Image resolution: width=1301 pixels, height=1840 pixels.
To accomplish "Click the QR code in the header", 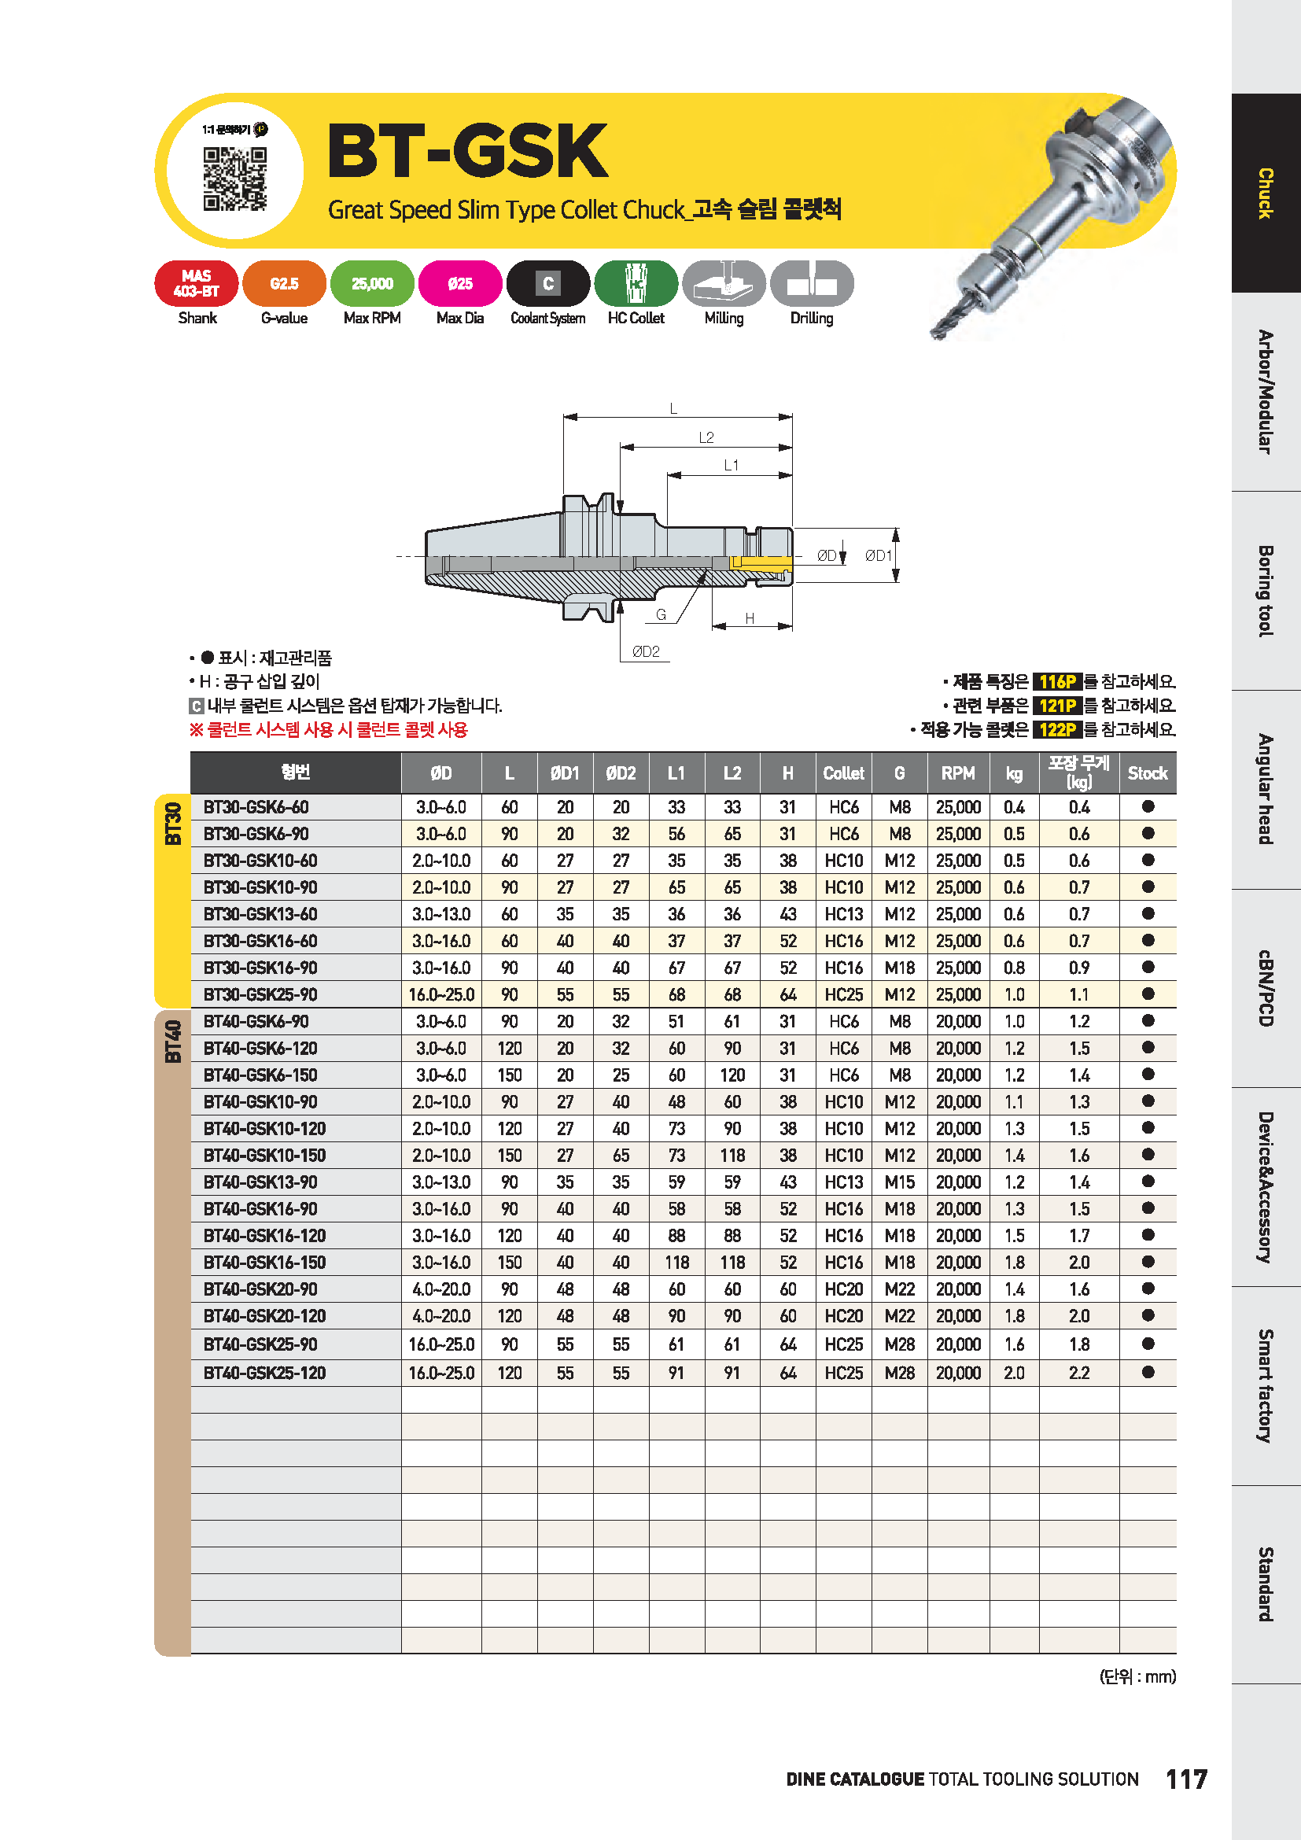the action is point(234,178).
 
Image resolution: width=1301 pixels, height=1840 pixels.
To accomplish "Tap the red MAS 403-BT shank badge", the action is point(197,284).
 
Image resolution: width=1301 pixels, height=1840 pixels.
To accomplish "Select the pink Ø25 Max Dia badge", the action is point(460,284).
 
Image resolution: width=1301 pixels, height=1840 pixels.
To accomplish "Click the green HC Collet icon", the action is point(636,284).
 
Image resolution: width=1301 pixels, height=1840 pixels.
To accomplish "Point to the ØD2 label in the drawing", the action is point(646,651).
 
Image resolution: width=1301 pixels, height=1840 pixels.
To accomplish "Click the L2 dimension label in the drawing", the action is point(706,437).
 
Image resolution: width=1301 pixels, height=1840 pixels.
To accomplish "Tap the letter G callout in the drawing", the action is point(661,614).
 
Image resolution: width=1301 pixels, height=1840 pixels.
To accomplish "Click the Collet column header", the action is point(843,773).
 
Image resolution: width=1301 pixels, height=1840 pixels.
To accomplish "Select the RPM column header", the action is point(958,773).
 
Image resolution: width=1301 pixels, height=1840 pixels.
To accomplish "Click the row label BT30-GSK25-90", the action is point(260,994).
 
